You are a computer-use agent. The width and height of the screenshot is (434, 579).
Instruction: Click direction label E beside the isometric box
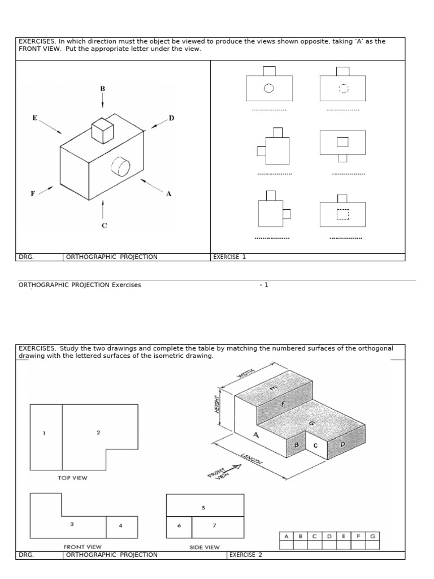(34, 118)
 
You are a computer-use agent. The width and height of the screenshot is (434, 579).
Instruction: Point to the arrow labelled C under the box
(103, 209)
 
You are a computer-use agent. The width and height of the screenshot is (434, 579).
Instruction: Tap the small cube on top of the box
(102, 131)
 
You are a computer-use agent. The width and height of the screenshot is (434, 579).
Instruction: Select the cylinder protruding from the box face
(121, 166)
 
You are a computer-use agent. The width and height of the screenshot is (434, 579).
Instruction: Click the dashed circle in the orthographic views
(343, 88)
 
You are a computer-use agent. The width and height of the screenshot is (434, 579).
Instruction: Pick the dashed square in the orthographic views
(343, 214)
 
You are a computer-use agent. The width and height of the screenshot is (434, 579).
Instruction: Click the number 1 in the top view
(44, 433)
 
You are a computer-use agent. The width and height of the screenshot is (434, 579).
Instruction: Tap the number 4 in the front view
(120, 526)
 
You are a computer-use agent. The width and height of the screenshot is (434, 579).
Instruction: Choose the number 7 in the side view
(214, 525)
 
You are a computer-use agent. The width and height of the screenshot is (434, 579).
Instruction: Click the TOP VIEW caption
(72, 478)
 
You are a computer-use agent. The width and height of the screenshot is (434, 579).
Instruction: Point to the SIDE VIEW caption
(205, 547)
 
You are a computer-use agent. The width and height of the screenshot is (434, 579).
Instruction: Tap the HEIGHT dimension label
(216, 403)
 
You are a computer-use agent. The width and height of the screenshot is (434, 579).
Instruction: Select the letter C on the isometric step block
(315, 445)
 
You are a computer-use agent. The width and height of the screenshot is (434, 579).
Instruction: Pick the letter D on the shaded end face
(342, 445)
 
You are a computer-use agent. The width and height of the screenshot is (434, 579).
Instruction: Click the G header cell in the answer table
(372, 536)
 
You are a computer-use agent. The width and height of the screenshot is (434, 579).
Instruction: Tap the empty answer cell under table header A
(287, 545)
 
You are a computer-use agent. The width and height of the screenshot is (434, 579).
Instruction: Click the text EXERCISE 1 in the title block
(229, 257)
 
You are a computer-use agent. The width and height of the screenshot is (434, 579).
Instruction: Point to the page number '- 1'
(264, 285)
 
